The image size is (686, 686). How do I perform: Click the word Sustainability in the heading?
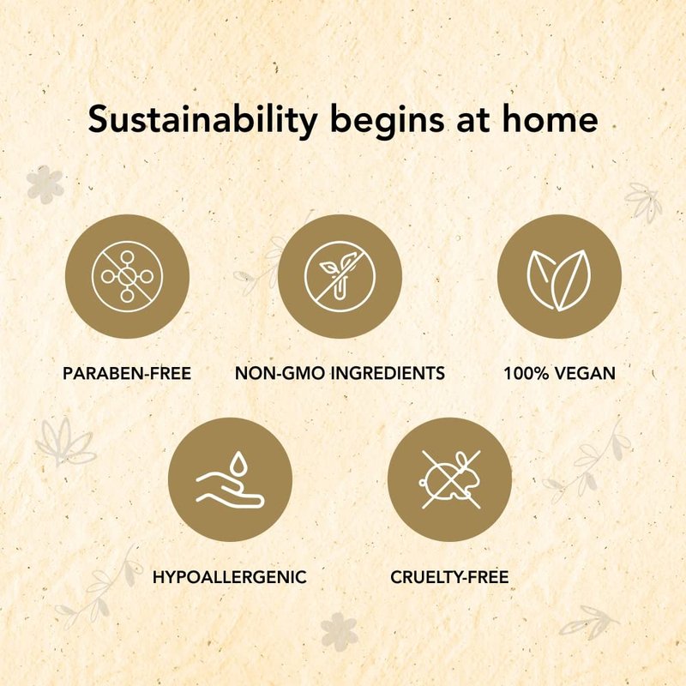(202, 120)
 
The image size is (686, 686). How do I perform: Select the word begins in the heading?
(388, 121)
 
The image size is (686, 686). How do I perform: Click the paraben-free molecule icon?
(127, 276)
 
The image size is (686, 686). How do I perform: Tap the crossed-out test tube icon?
(340, 276)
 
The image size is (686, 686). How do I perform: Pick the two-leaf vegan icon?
(559, 280)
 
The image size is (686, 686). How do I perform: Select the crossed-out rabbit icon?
(451, 480)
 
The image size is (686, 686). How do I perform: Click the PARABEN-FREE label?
(127, 373)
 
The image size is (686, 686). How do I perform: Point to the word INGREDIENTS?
(388, 373)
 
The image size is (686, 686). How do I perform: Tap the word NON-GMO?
(280, 373)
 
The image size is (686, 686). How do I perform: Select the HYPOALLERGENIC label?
(230, 577)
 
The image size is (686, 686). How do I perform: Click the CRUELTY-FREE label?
(449, 577)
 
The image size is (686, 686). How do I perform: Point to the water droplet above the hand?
(238, 463)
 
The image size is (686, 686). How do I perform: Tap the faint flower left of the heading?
(45, 184)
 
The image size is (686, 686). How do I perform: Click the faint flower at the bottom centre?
(339, 631)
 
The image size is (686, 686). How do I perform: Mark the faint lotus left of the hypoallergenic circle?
(66, 442)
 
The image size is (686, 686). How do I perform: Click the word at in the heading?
(473, 120)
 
